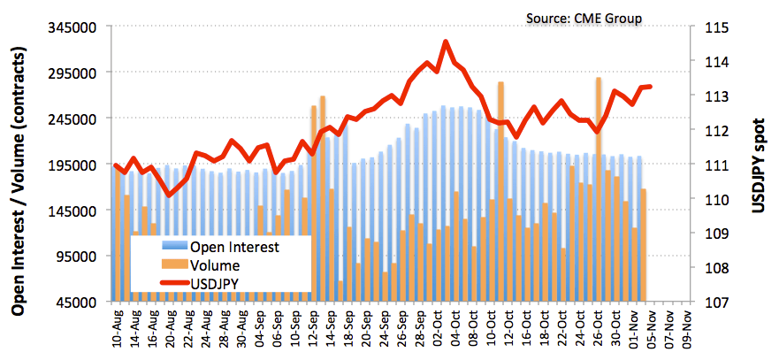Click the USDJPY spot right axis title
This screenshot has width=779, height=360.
point(758,165)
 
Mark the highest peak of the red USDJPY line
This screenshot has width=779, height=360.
point(446,42)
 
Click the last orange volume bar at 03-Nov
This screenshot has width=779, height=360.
point(644,243)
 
